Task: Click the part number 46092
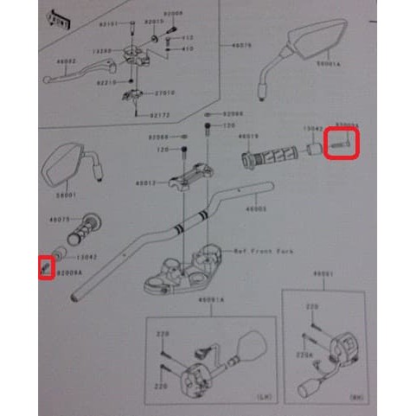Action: [66, 61]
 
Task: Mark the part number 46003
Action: [256, 208]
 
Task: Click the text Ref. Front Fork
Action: [264, 251]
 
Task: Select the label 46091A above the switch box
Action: [210, 299]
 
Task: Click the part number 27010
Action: [164, 93]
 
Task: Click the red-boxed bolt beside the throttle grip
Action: [342, 144]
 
